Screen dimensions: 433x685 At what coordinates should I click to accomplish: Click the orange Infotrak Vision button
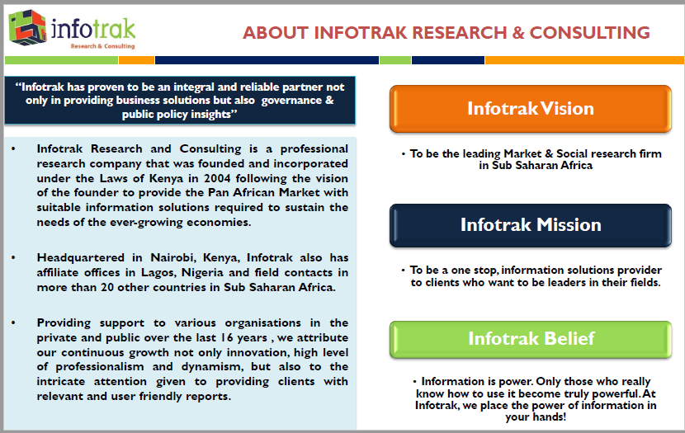[x=530, y=109]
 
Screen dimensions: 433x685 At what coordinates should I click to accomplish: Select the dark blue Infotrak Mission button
[x=530, y=224]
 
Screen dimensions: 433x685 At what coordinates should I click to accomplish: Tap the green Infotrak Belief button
[x=530, y=338]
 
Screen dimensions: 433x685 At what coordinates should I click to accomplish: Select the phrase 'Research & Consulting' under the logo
[x=102, y=46]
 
